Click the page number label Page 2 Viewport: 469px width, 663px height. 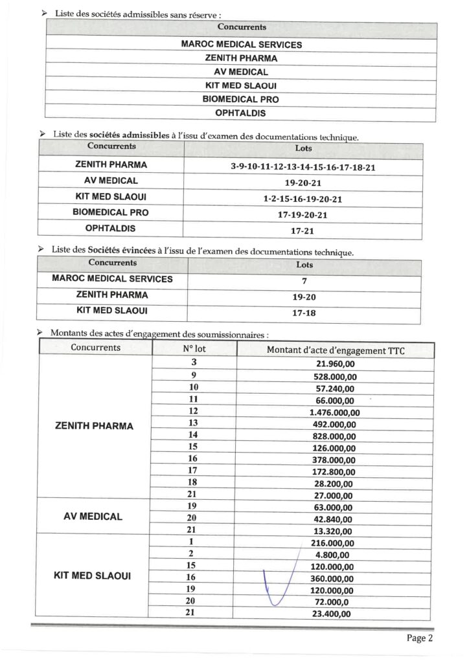(x=419, y=638)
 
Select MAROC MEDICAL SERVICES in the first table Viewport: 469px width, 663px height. (x=241, y=45)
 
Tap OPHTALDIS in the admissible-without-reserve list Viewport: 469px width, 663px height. (x=241, y=113)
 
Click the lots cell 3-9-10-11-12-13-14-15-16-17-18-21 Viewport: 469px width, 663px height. (x=303, y=166)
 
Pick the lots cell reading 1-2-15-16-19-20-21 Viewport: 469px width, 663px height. (x=303, y=199)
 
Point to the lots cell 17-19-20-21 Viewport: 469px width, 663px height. (x=303, y=215)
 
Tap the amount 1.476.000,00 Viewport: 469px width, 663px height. (x=334, y=412)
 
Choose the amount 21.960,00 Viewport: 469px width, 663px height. (x=334, y=363)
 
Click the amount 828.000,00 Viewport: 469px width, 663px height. (x=334, y=436)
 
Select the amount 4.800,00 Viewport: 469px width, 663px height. (x=334, y=554)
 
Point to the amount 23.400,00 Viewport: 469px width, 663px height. (x=334, y=614)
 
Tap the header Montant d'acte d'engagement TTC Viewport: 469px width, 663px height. (x=336, y=350)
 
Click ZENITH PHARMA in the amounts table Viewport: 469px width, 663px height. (x=95, y=426)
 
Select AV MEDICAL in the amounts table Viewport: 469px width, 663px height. (x=93, y=517)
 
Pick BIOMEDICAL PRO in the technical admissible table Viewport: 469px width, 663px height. (x=111, y=212)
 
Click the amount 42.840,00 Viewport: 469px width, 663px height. (x=334, y=519)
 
